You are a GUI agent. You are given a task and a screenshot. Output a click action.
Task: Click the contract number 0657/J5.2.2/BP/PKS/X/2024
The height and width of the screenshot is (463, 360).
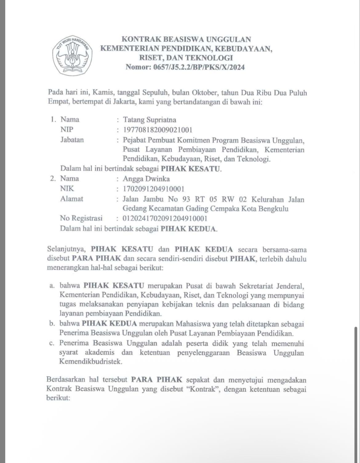point(199,67)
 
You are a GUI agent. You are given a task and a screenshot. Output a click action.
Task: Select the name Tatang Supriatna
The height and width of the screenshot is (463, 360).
point(150,120)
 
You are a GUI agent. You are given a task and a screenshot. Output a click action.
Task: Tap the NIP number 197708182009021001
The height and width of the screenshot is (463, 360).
point(158,130)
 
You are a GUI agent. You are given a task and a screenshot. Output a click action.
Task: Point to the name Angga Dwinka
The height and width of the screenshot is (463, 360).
point(146,179)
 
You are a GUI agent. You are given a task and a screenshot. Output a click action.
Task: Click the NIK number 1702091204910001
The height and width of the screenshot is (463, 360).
point(154,189)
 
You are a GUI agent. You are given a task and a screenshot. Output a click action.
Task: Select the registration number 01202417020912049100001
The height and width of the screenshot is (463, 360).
point(165,219)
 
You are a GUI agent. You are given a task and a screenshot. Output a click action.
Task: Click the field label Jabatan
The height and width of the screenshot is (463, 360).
point(72,140)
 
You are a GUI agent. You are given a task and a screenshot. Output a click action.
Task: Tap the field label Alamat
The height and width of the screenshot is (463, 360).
point(72,199)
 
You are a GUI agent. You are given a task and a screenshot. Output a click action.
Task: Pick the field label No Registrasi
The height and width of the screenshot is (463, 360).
point(81,219)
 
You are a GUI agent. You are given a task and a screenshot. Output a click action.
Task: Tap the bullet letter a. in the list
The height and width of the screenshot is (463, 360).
point(52,286)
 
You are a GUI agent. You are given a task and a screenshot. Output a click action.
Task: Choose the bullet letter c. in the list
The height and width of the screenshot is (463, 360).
point(52,343)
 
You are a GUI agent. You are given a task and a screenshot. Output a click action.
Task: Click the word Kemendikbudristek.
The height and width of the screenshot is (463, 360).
point(91,362)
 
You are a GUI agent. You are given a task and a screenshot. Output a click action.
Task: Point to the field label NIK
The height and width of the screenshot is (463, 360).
point(67,189)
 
